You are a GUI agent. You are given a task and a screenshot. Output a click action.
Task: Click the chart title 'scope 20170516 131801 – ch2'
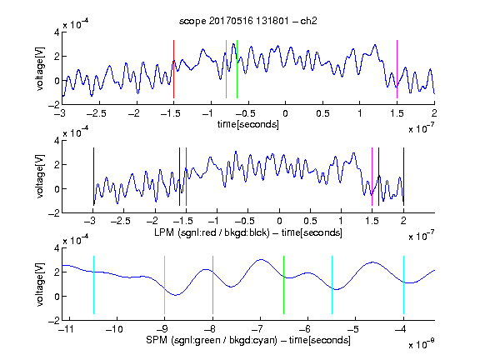click(x=248, y=21)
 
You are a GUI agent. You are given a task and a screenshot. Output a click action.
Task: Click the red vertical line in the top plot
click(x=173, y=69)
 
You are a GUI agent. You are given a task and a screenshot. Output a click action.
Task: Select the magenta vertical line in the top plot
click(x=397, y=69)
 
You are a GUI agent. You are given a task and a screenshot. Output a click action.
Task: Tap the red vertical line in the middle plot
click(x=186, y=177)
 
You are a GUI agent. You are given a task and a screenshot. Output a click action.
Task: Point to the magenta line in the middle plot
click(x=372, y=177)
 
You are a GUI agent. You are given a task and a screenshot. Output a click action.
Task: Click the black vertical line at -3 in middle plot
click(x=93, y=177)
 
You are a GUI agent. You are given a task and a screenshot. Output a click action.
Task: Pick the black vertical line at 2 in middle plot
click(x=403, y=177)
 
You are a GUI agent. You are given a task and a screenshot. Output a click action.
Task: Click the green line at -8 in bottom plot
click(x=212, y=285)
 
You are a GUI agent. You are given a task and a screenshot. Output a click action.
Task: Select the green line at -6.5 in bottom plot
click(x=284, y=285)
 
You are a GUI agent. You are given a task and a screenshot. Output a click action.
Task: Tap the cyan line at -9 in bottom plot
click(x=164, y=285)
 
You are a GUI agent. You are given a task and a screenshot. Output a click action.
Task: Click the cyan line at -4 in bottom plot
click(x=403, y=285)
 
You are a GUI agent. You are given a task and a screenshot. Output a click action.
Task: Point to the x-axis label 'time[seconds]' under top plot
click(x=248, y=125)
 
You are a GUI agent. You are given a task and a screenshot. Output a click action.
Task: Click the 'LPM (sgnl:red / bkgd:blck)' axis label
click(x=212, y=232)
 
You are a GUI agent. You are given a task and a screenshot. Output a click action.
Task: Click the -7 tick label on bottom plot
click(x=260, y=329)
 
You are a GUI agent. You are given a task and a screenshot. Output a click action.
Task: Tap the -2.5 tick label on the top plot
click(x=97, y=113)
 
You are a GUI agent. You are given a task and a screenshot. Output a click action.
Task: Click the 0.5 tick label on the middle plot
click(x=310, y=221)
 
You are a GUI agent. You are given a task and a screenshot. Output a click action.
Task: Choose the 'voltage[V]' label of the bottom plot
click(x=40, y=285)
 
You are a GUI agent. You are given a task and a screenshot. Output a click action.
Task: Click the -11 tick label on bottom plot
click(x=67, y=329)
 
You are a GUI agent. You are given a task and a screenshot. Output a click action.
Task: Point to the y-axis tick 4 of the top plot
click(x=57, y=32)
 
